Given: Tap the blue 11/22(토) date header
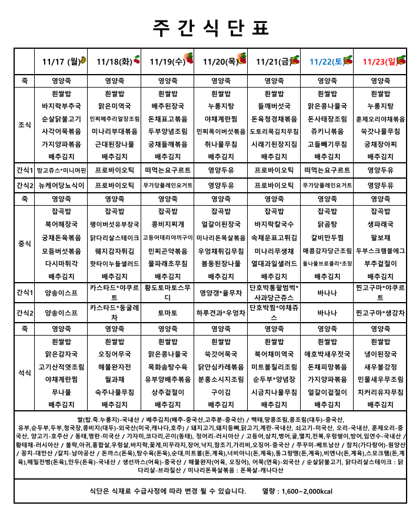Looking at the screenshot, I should pyautogui.click(x=327, y=61).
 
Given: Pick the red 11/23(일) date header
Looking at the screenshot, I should pyautogui.click(x=380, y=61).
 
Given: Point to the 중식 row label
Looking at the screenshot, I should pyautogui.click(x=25, y=243).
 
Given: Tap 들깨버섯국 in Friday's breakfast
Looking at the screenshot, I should pyautogui.click(x=274, y=106).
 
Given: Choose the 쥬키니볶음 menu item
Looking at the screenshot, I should pyautogui.click(x=327, y=131).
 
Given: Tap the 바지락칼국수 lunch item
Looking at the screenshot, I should pyautogui.click(x=274, y=224).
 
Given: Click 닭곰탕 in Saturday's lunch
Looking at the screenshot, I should pyautogui.click(x=327, y=224).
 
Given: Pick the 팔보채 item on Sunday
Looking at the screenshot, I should pyautogui.click(x=380, y=237).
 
